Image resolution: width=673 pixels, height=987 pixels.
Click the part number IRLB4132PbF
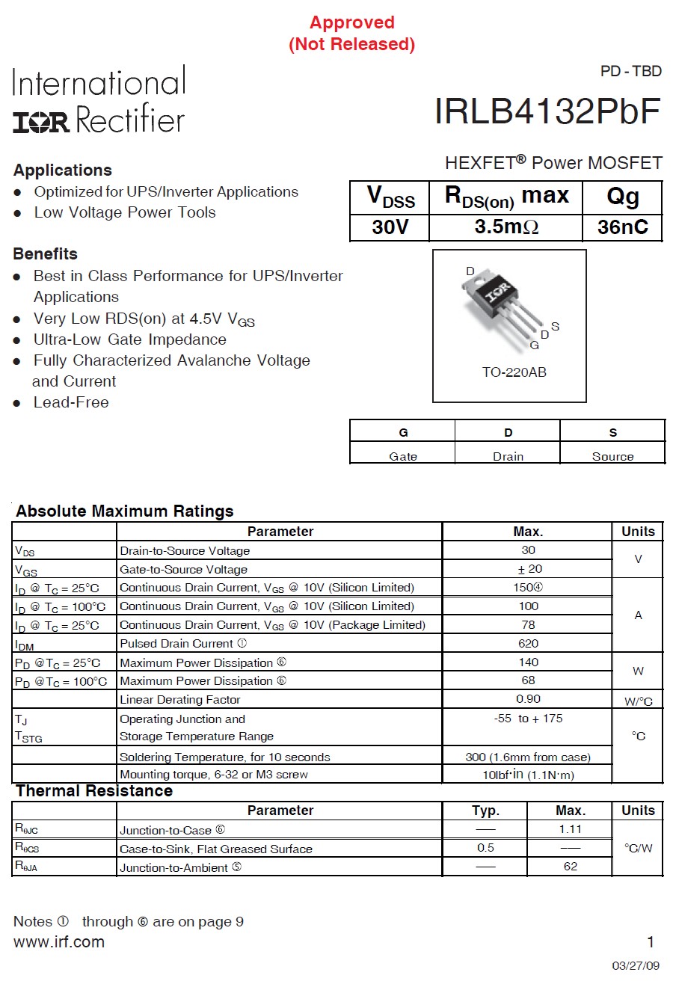coord(547,112)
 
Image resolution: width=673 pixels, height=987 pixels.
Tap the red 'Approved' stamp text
coord(351,23)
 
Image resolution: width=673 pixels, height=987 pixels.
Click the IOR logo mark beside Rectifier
coord(41,122)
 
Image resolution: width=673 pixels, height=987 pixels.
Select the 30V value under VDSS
coord(390,227)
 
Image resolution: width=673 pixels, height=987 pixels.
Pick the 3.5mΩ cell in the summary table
coord(506,227)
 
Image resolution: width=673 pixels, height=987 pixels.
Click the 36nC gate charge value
coord(622,227)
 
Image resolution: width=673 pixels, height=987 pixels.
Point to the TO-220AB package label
coord(514,372)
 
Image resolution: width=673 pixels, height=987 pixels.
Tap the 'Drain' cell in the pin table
coord(508,456)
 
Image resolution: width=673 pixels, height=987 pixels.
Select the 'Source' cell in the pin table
coord(612,456)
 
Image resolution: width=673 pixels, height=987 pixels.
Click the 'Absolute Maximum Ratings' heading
coord(125,511)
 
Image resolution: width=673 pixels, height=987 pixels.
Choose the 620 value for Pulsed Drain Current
coord(528,644)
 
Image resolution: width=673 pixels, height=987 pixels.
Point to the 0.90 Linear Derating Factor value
coord(528,699)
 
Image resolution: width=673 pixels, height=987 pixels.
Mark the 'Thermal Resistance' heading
coord(94,791)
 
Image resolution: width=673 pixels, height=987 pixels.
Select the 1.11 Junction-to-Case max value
coord(570,829)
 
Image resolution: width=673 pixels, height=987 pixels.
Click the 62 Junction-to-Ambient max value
coord(570,867)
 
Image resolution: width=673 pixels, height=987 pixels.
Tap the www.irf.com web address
coord(59,942)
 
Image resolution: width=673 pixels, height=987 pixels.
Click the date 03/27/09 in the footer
coord(636,966)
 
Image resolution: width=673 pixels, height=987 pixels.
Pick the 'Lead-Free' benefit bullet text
coord(71,402)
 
